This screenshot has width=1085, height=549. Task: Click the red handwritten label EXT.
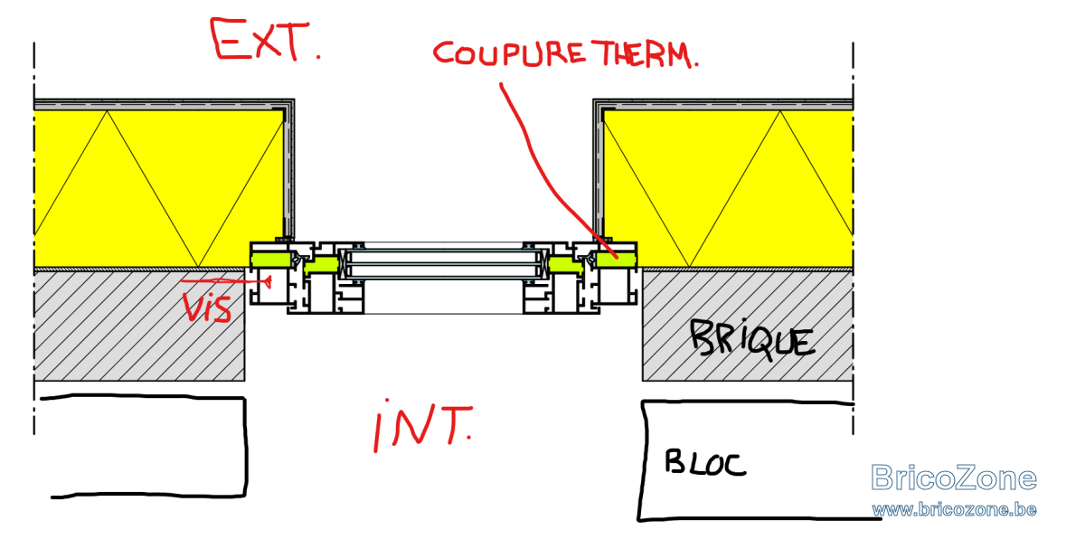click(265, 40)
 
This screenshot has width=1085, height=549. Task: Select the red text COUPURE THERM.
click(565, 53)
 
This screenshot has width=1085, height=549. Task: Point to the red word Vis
click(207, 307)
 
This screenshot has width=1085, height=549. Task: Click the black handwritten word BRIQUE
click(752, 340)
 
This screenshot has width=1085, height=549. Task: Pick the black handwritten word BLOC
click(705, 463)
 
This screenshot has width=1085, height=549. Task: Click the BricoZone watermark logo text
click(953, 478)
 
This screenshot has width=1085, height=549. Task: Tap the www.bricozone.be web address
click(954, 510)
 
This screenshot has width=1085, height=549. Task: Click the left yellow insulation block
click(159, 189)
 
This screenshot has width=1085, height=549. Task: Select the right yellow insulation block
click(728, 189)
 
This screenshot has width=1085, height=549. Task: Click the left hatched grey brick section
click(139, 326)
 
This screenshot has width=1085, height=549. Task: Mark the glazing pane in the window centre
click(443, 264)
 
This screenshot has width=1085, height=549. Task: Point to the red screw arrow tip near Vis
click(270, 281)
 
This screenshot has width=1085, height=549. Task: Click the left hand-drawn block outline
click(246, 446)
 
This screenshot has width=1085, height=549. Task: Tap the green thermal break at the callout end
click(616, 260)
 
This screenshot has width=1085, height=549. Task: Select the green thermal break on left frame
click(270, 260)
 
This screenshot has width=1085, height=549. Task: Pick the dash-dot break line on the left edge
click(34, 238)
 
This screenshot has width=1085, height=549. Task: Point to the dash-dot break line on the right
click(853, 238)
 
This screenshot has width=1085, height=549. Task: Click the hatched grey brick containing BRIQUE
click(748, 326)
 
